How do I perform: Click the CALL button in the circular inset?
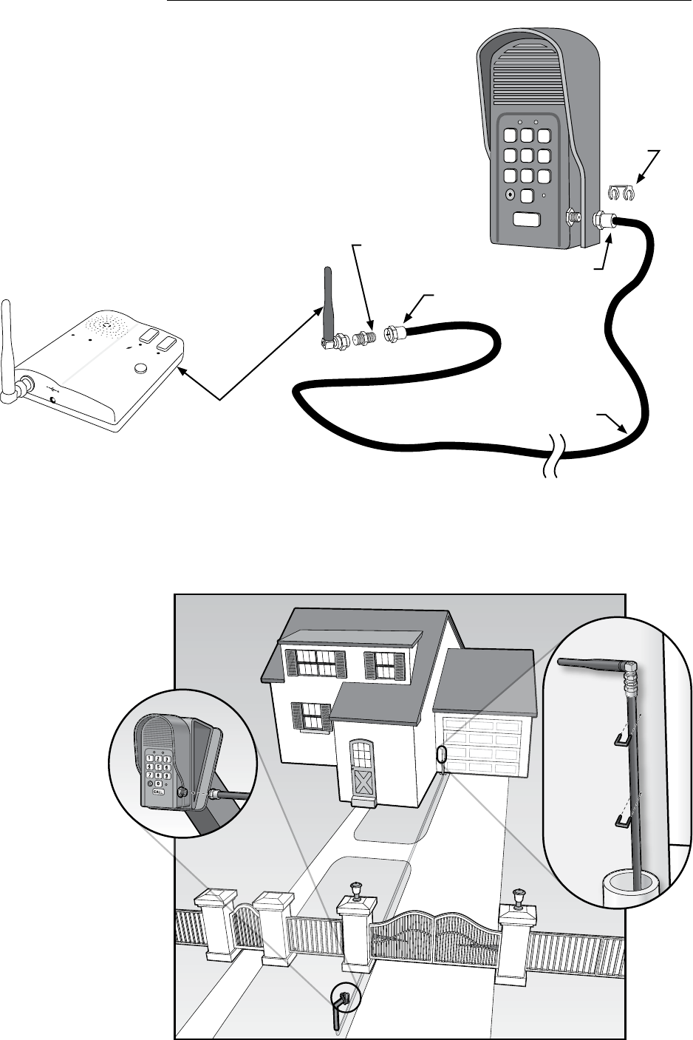(x=159, y=791)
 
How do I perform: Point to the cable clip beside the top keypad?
(x=621, y=193)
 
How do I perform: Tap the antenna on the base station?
(x=7, y=347)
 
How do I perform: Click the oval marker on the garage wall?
(x=442, y=757)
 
